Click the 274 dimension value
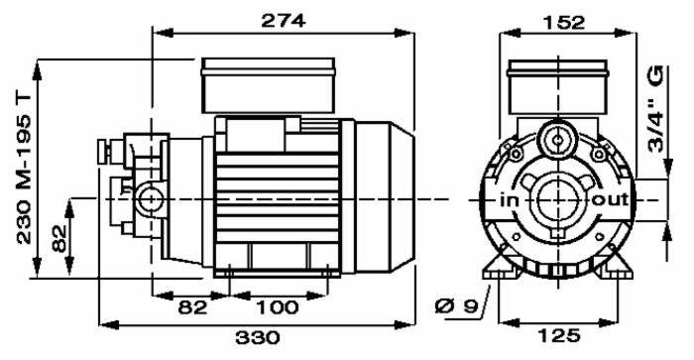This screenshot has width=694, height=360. [284, 21]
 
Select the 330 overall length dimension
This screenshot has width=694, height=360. [258, 338]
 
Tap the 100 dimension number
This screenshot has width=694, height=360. [278, 307]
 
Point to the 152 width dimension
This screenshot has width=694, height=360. [563, 22]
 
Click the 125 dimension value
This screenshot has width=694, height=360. [558, 336]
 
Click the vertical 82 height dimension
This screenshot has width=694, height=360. [59, 239]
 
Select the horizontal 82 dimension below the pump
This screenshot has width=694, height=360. [192, 307]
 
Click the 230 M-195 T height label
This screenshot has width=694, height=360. [25, 169]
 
